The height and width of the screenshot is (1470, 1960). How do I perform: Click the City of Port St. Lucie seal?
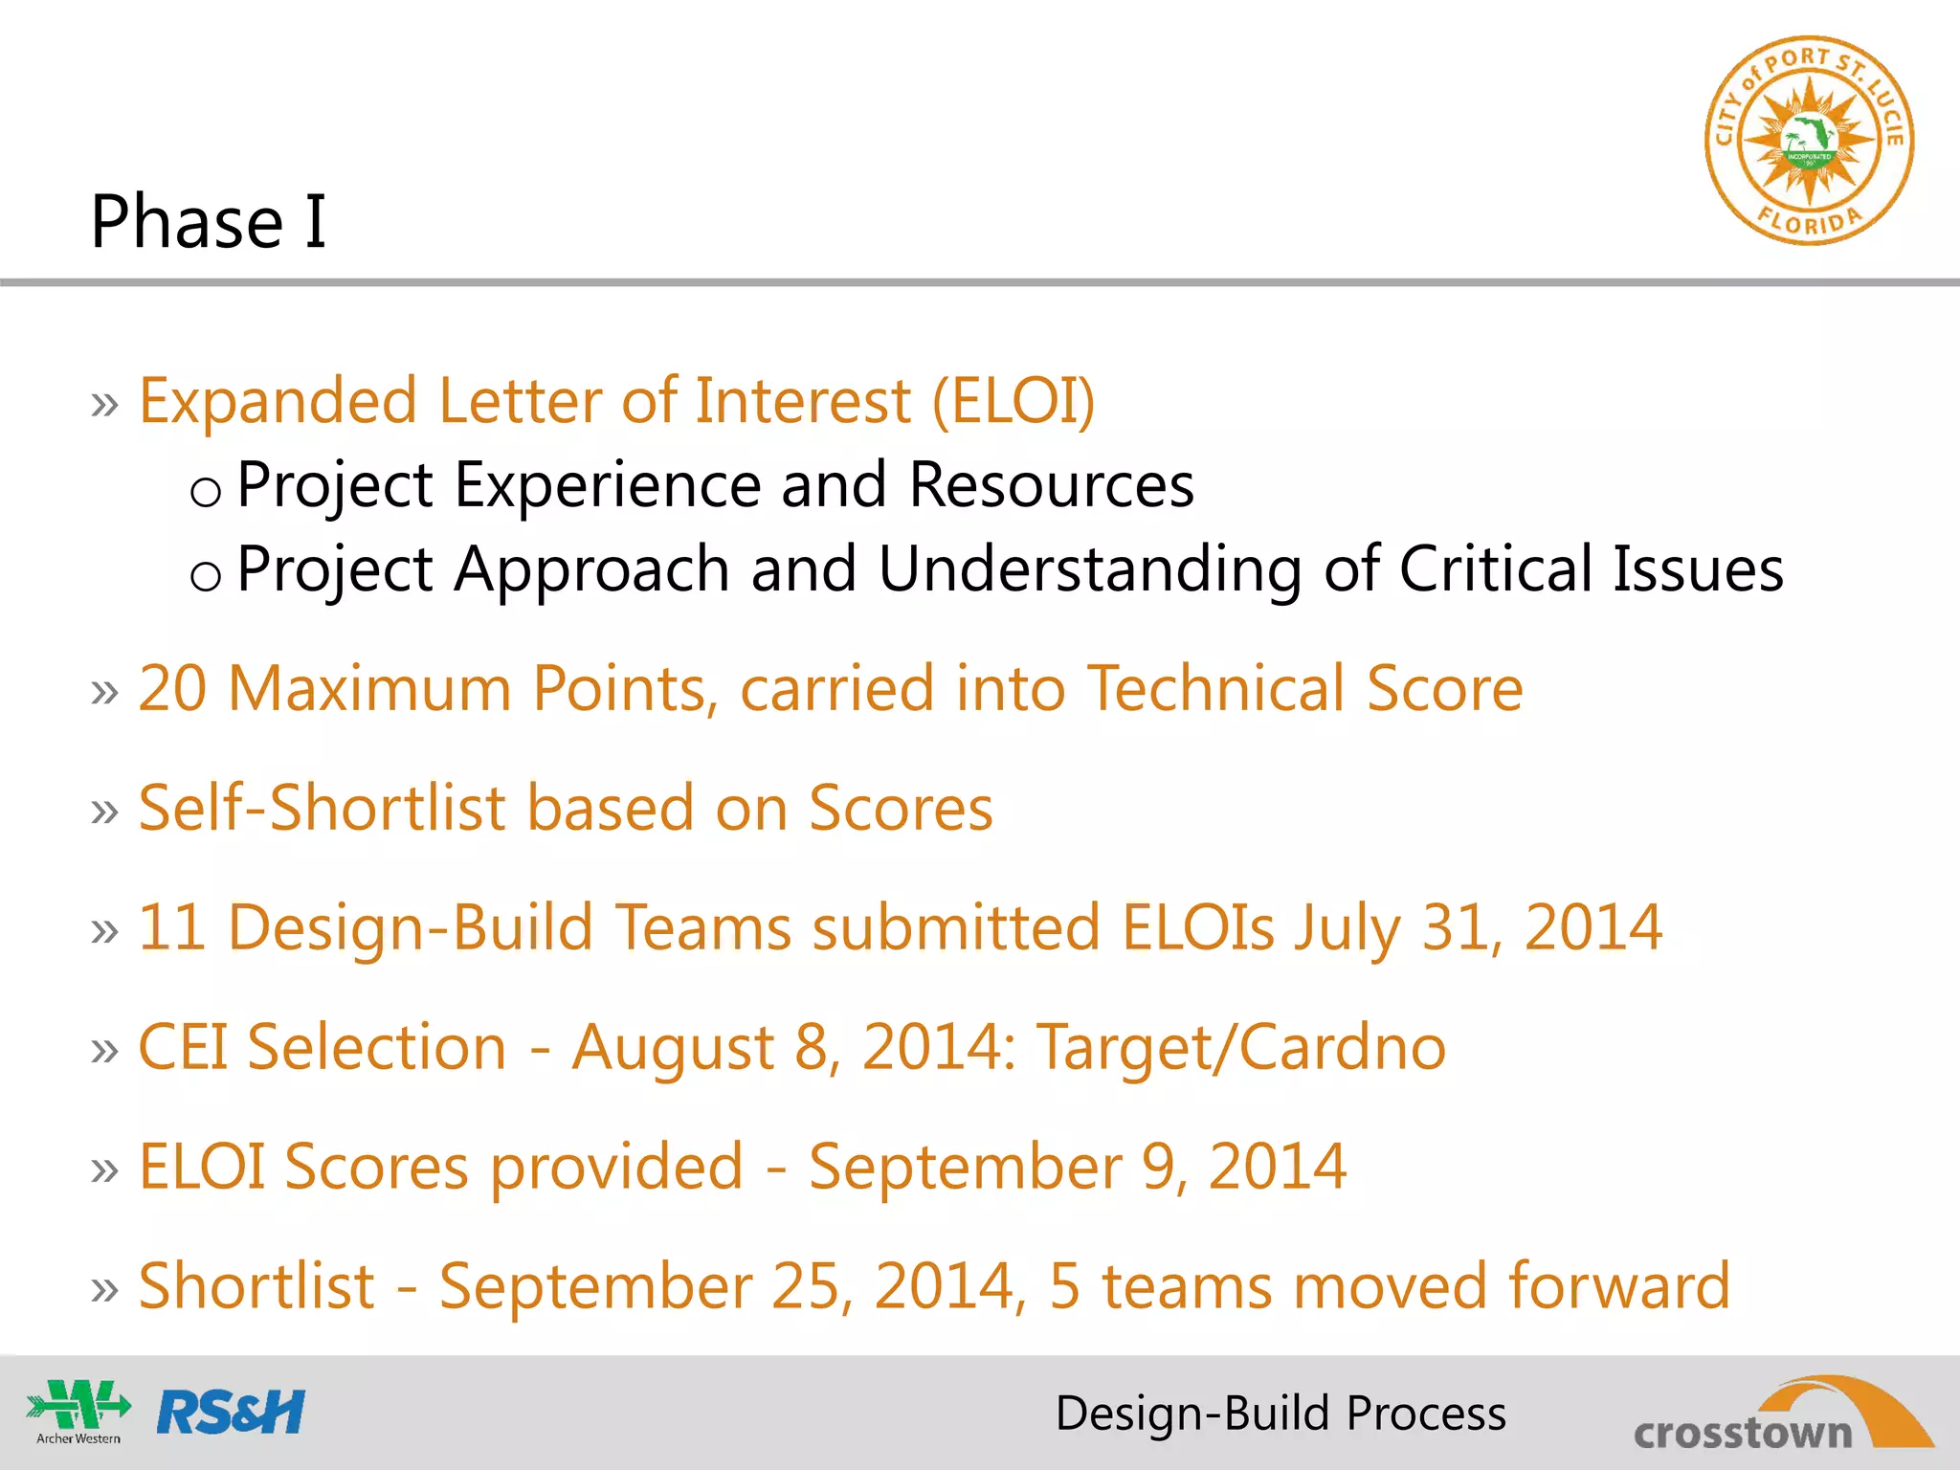pos(1809,141)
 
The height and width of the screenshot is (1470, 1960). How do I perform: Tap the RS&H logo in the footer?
pos(231,1413)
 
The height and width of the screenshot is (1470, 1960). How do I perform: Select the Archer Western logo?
pos(78,1411)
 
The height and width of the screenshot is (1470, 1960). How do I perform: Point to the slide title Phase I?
pos(209,221)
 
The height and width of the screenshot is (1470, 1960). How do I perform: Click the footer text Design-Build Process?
pos(1281,1414)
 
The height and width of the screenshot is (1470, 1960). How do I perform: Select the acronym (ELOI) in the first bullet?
pos(1013,400)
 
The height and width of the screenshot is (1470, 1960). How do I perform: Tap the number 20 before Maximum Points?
pos(172,688)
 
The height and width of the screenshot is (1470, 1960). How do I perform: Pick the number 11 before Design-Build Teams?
pos(172,927)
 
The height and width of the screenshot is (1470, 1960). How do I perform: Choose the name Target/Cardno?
pos(1241,1047)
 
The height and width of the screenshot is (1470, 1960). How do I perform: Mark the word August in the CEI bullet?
pos(672,1049)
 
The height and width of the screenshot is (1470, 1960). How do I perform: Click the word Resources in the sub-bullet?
pos(1051,484)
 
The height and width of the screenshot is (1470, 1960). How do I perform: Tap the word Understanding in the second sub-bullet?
pos(1089,569)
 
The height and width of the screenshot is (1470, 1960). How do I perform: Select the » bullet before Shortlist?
pos(105,1288)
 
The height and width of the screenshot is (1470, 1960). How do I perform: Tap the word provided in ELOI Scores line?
pos(616,1168)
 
